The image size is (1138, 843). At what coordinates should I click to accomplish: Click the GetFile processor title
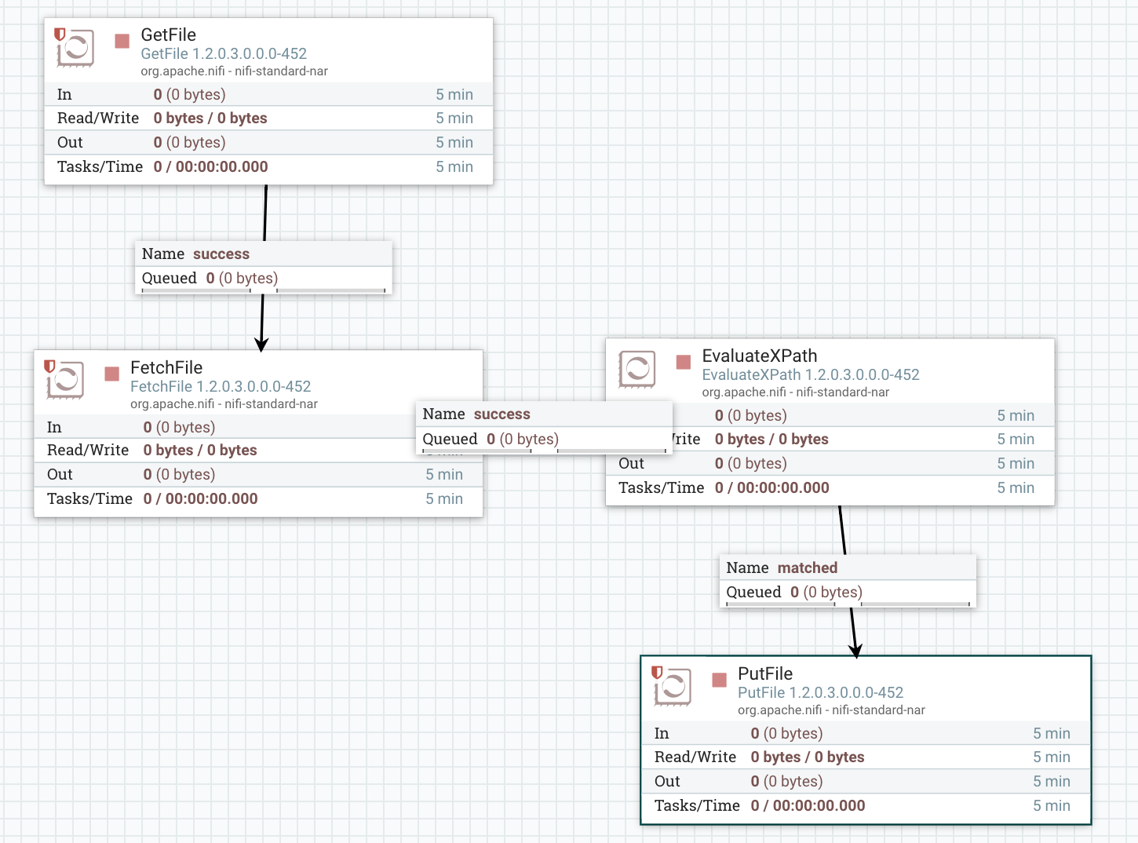(x=168, y=35)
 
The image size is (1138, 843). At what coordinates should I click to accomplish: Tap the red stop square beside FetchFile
(x=111, y=374)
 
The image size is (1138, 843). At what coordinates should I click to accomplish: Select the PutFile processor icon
(x=672, y=686)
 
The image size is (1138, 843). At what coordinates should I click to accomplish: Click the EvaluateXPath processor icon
(x=636, y=368)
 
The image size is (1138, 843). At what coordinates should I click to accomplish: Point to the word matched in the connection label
(x=807, y=567)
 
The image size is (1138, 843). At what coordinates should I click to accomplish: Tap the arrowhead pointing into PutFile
(x=856, y=650)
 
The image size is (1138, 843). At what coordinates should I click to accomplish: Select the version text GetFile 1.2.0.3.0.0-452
(x=224, y=53)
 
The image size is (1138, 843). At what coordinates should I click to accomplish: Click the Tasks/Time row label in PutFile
(x=697, y=805)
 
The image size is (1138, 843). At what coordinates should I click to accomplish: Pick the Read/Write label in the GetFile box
(x=98, y=118)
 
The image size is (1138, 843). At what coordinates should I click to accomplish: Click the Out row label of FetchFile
(x=60, y=474)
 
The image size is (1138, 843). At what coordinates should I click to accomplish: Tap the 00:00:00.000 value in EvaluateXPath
(x=782, y=487)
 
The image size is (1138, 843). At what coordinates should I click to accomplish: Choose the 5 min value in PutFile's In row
(x=1051, y=733)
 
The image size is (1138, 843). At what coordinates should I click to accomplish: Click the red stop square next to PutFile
(x=719, y=680)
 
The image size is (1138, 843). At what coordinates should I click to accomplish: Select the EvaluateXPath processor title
(x=759, y=356)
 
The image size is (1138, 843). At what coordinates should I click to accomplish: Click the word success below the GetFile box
(x=221, y=254)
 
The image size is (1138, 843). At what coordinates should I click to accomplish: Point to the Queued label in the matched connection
(x=753, y=592)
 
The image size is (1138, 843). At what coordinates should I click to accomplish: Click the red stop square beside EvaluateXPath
(x=684, y=362)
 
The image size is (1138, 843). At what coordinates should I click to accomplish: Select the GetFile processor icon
(x=75, y=47)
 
